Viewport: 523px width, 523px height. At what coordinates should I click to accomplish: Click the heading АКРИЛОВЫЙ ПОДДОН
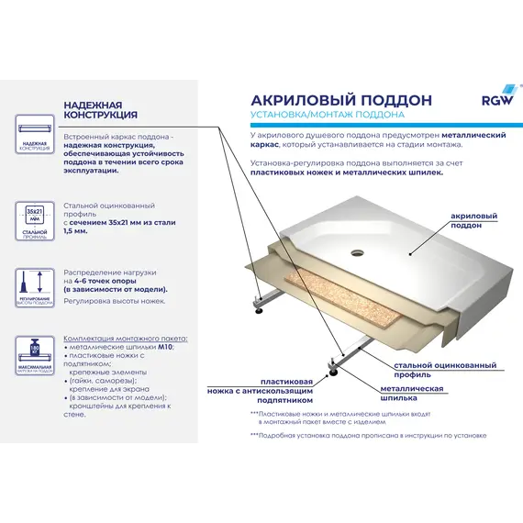pos(328,99)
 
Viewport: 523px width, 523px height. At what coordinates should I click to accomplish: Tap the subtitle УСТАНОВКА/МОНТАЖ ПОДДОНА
pos(328,116)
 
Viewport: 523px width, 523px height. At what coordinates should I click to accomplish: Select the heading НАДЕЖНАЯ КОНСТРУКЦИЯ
pos(101,110)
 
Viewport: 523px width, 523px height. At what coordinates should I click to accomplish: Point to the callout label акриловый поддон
pos(474,220)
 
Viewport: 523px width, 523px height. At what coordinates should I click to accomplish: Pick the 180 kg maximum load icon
pos(34,353)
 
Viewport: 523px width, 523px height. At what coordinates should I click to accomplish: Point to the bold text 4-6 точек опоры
pos(125,281)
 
